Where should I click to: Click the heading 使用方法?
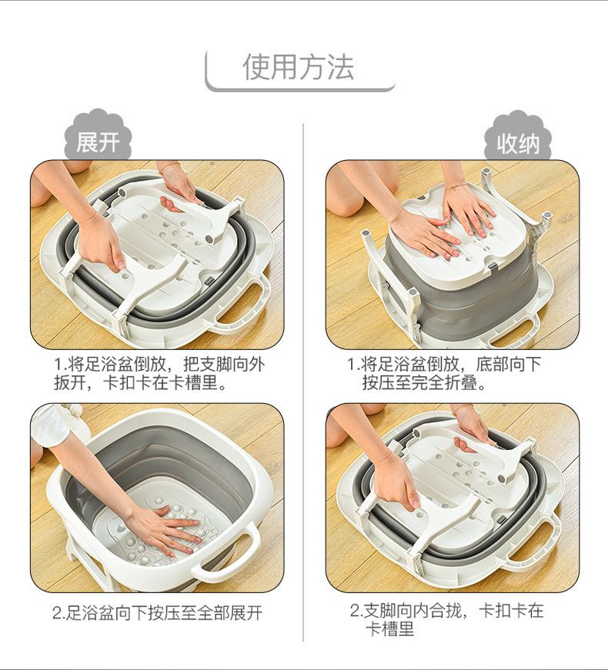[x=299, y=67]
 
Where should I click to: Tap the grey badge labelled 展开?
[x=98, y=137]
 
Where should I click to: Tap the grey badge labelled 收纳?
[x=518, y=138]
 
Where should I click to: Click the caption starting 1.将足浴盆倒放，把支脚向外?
[x=159, y=373]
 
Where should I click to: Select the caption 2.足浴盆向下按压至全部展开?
[x=157, y=613]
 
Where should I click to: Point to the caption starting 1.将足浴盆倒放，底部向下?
[x=444, y=373]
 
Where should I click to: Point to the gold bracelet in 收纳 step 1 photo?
[x=456, y=186]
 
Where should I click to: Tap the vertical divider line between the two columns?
[x=303, y=382]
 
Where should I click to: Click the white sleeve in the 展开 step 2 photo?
[x=49, y=425]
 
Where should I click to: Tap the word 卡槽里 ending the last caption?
[x=390, y=629]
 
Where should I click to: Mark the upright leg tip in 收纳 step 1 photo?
[x=486, y=173]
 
